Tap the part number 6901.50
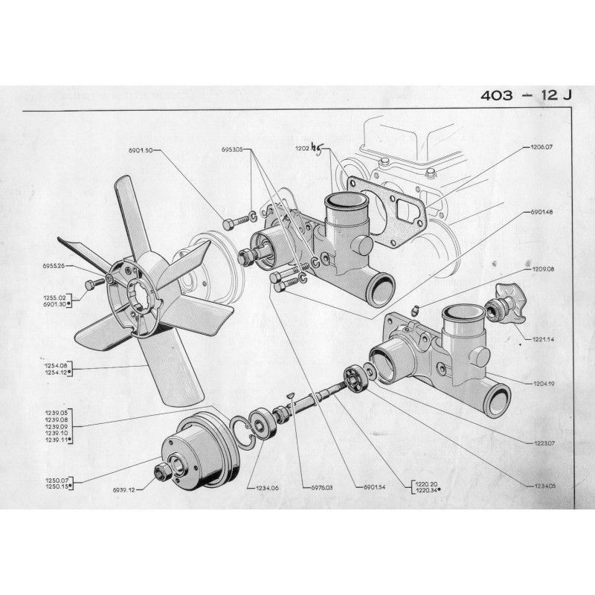point(140,150)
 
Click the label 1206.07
point(542,147)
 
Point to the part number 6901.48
point(541,212)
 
